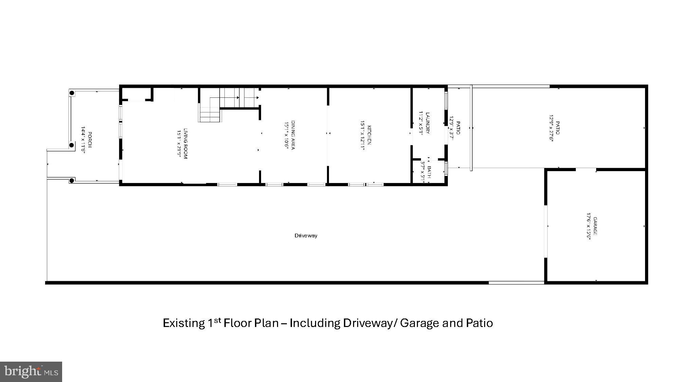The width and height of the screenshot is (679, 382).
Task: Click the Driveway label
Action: (306, 235)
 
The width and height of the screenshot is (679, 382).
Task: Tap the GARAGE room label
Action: (595, 226)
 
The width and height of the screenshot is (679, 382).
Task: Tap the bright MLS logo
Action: (31, 371)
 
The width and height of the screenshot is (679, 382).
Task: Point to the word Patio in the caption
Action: (479, 323)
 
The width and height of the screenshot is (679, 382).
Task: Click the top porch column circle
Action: (72, 93)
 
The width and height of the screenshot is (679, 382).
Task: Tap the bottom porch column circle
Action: (72, 180)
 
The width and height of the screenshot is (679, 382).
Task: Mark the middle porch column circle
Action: (72, 145)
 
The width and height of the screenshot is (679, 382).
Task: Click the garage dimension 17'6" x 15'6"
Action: (589, 226)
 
